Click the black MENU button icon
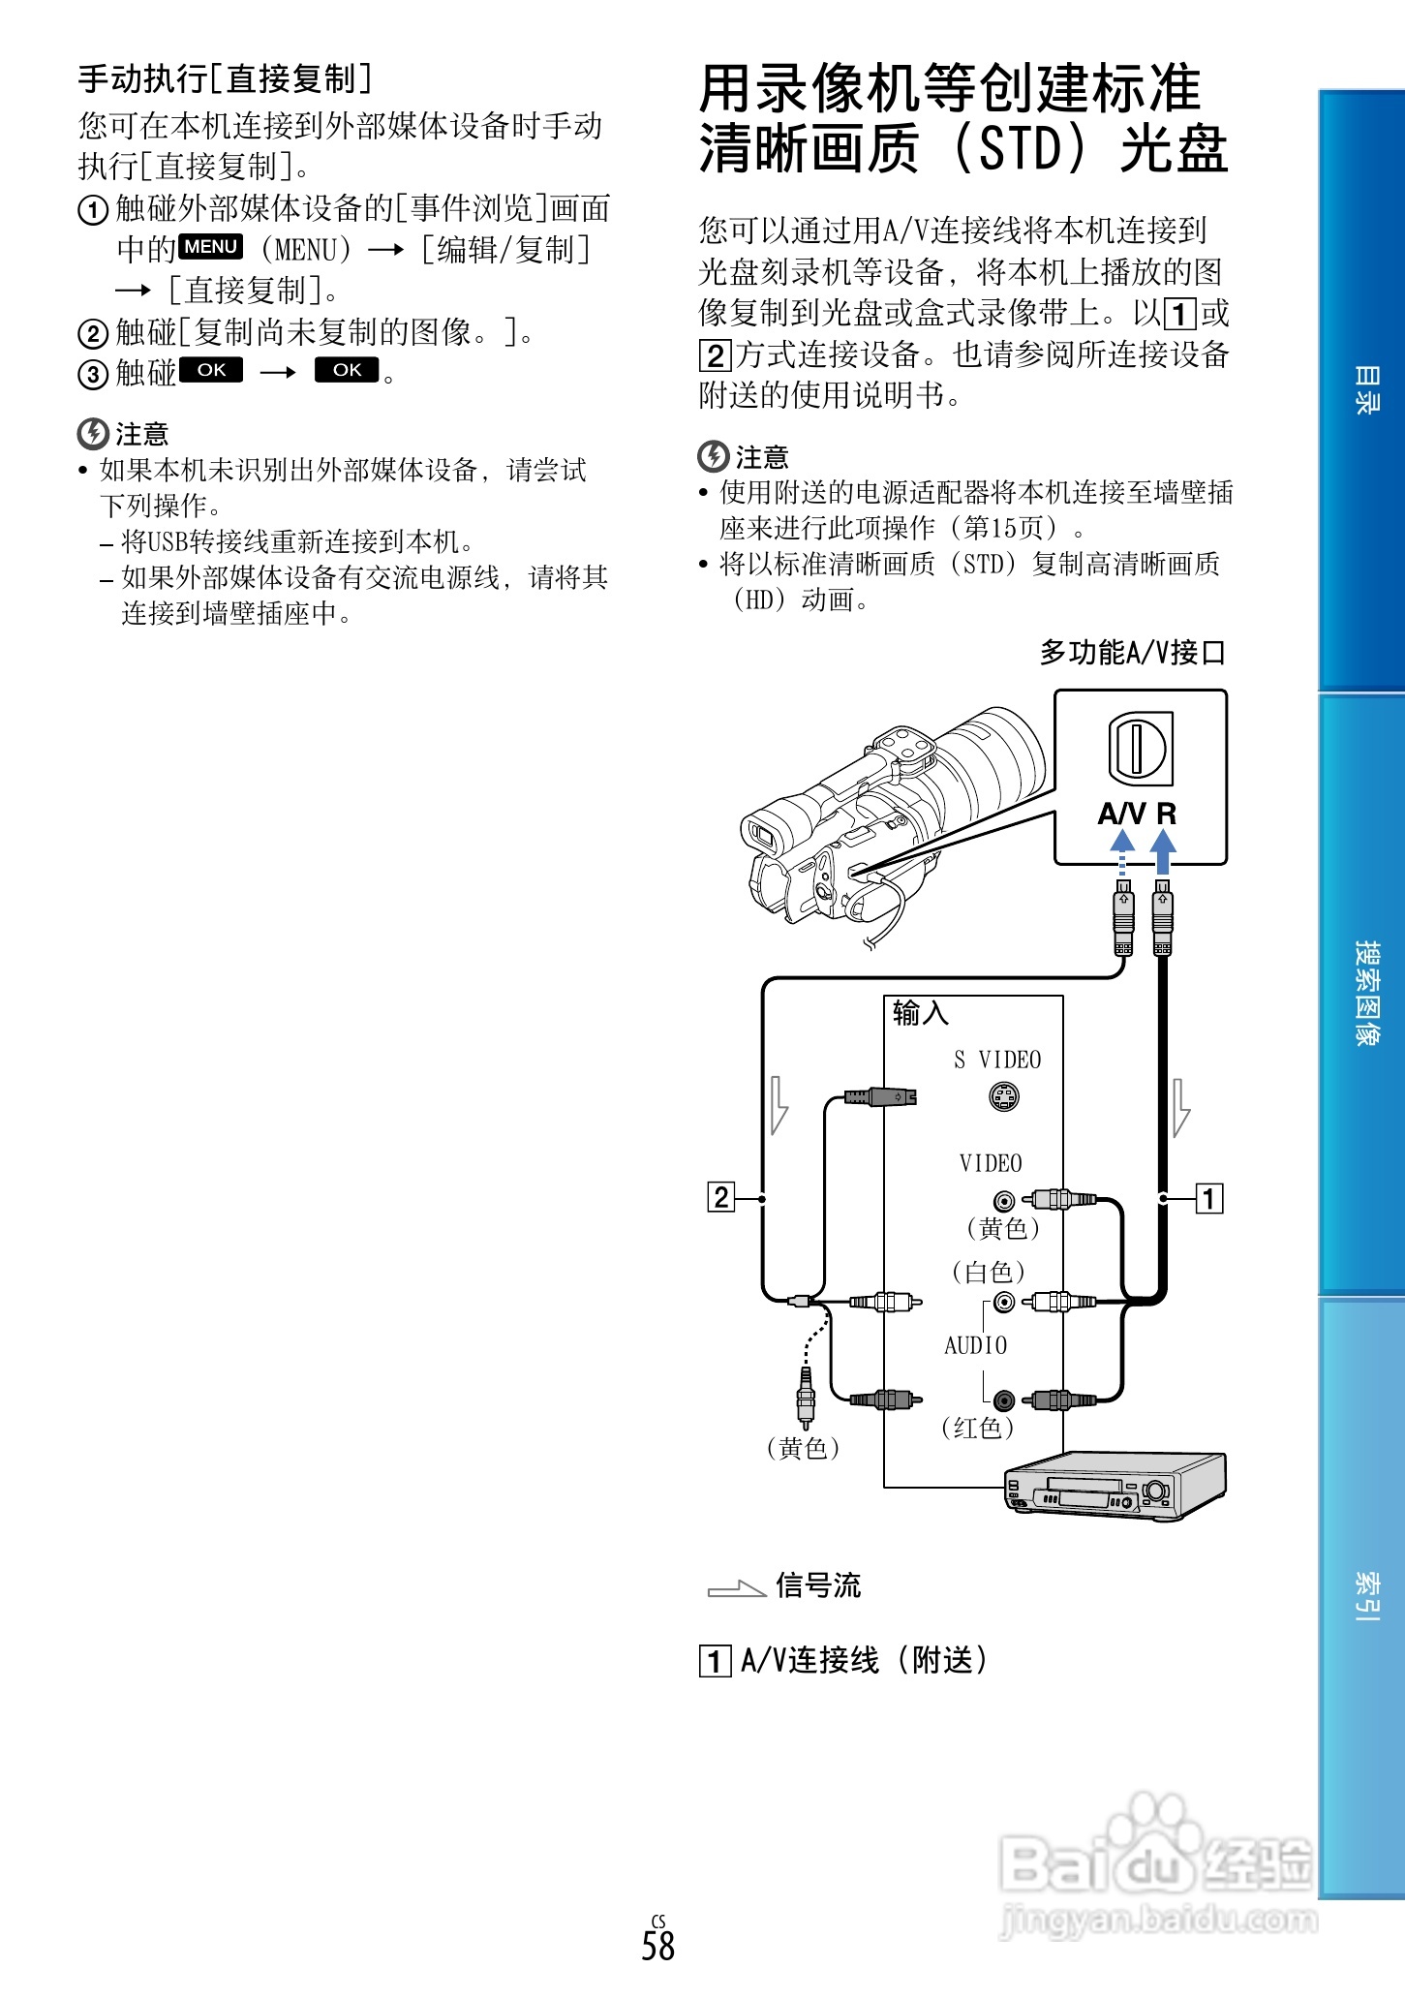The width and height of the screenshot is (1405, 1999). click(211, 247)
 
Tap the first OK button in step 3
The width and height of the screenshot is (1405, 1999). click(211, 370)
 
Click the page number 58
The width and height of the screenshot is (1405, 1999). click(657, 1945)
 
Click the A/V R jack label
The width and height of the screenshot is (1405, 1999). click(1137, 814)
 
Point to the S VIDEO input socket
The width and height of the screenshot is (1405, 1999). click(1004, 1096)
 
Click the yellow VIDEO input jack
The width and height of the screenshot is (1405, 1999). click(1004, 1201)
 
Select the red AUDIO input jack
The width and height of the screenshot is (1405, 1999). click(1004, 1400)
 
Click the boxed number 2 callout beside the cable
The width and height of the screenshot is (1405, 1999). click(721, 1198)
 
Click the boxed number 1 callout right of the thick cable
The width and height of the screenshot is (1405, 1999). click(1208, 1199)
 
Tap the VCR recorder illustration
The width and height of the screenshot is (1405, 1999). click(1114, 1485)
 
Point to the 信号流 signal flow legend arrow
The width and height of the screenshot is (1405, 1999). click(736, 1588)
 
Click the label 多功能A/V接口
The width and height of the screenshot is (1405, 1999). click(1132, 653)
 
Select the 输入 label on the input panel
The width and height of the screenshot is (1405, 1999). click(920, 1013)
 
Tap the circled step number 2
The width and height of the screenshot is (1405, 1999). click(92, 334)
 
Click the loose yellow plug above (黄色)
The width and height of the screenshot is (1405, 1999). click(805, 1395)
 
